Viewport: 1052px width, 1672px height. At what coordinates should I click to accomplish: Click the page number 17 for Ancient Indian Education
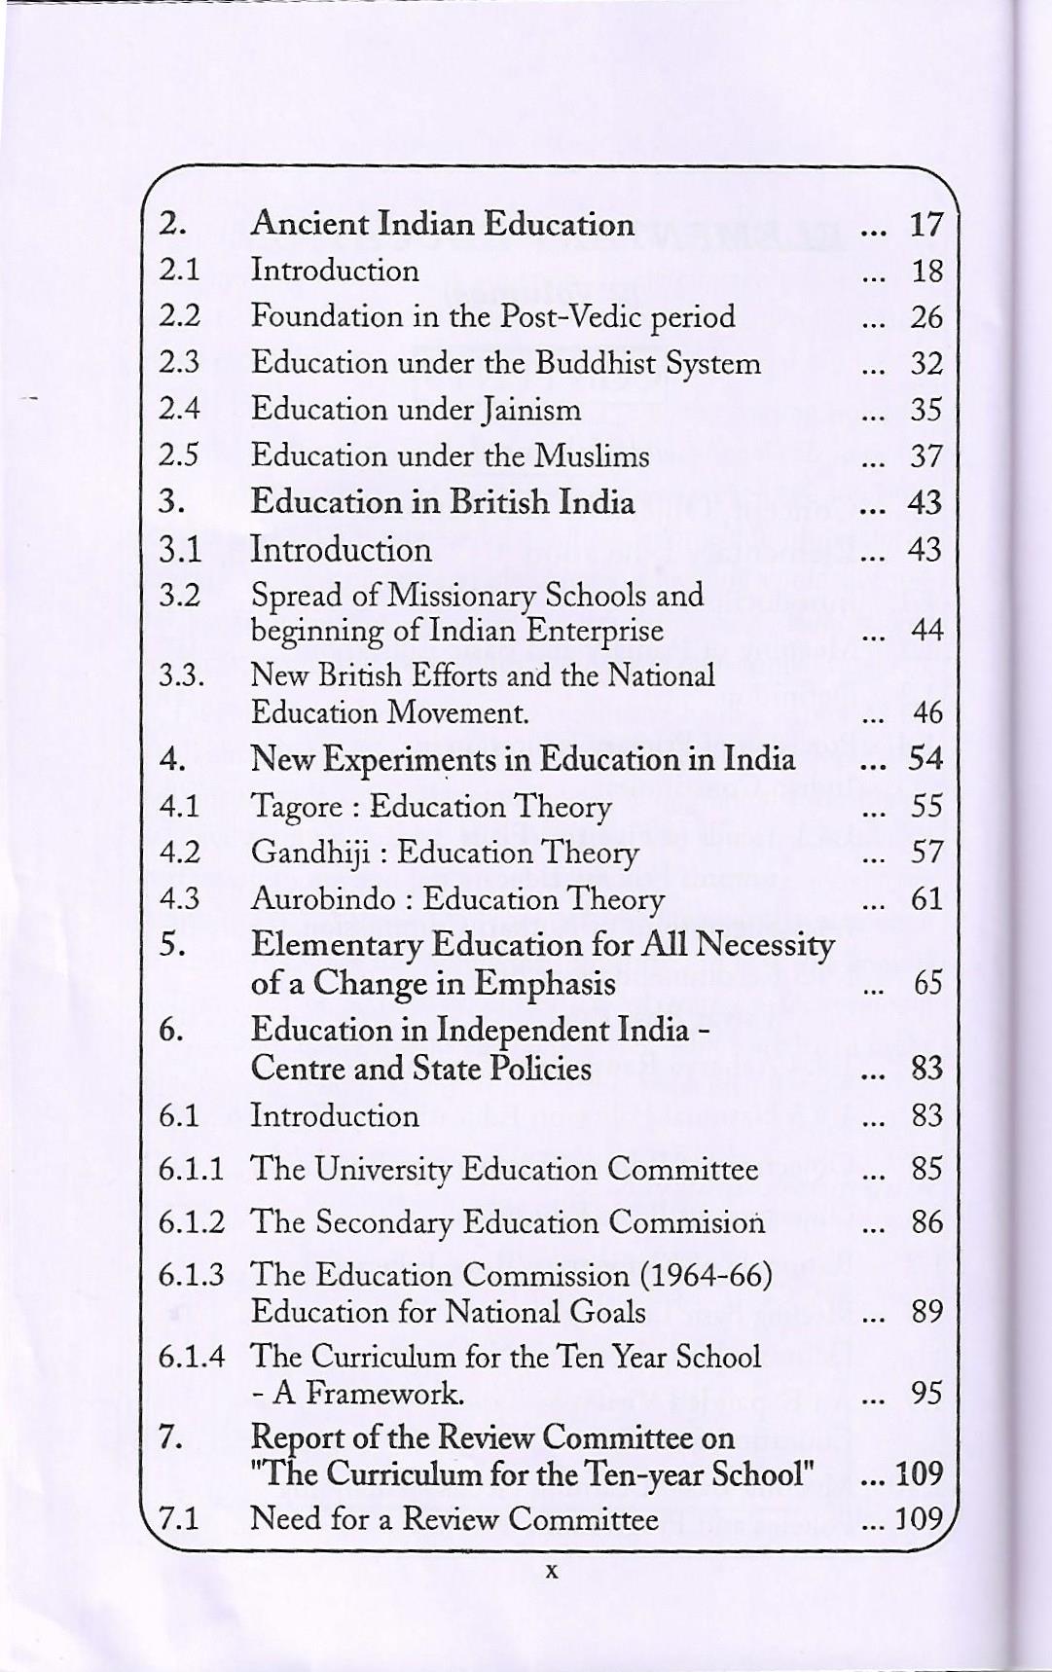(x=926, y=225)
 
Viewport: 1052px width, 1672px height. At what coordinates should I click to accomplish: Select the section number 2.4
(x=179, y=409)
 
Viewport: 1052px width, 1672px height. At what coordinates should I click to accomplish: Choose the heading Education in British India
(x=443, y=502)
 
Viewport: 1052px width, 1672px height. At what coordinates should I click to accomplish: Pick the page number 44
(x=927, y=631)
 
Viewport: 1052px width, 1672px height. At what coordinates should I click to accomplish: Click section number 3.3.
(x=182, y=675)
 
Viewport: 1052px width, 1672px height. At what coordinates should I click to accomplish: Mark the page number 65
(x=927, y=983)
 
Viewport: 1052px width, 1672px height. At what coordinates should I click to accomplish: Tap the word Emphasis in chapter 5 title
(x=545, y=983)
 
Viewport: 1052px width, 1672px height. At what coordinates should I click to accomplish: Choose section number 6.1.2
(x=192, y=1221)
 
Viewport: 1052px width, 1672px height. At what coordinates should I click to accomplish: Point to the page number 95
(x=927, y=1394)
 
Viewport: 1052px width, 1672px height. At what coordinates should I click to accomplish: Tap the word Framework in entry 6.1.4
(x=383, y=1394)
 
